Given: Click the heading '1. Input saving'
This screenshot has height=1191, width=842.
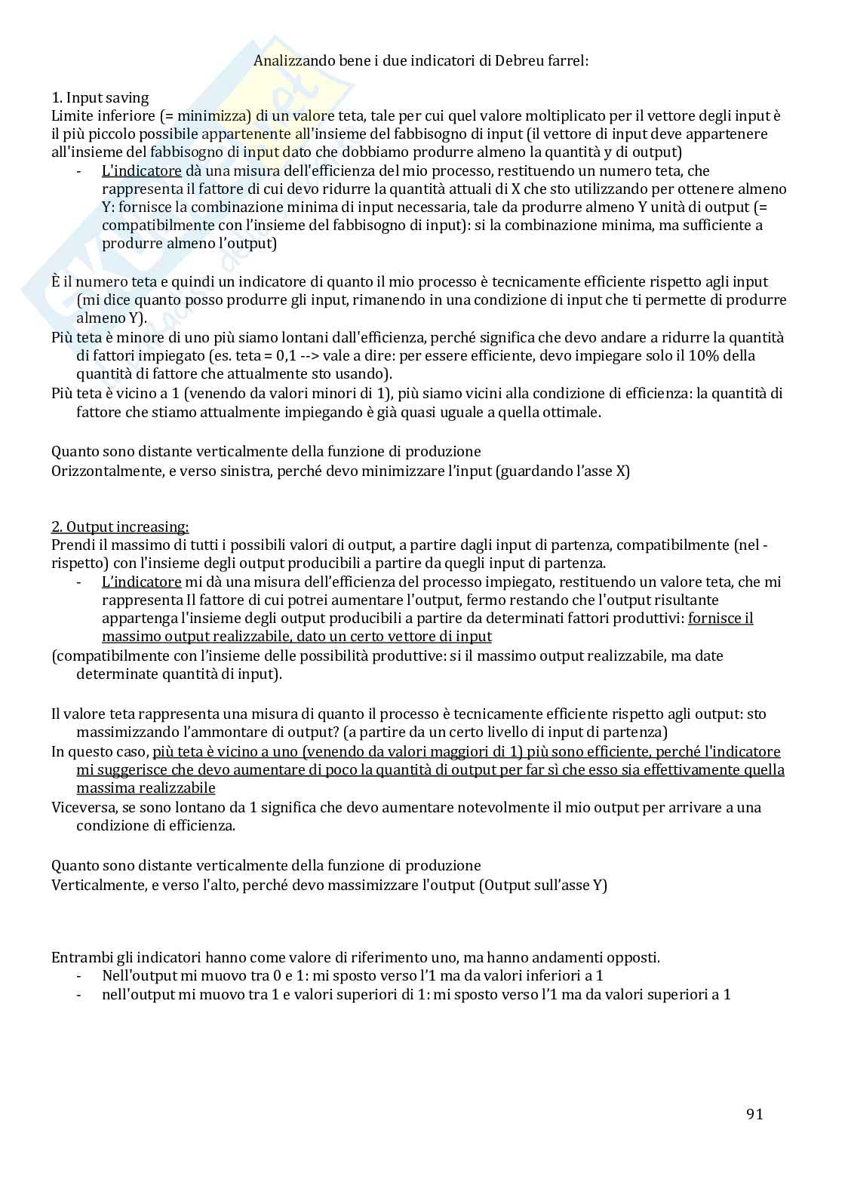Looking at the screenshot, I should click(100, 97).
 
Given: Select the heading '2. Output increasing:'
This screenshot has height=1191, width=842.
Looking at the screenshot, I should click(120, 526).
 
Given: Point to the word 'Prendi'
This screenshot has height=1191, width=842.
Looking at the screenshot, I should click(72, 545).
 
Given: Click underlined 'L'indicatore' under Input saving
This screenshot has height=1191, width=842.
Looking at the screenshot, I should click(141, 171).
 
